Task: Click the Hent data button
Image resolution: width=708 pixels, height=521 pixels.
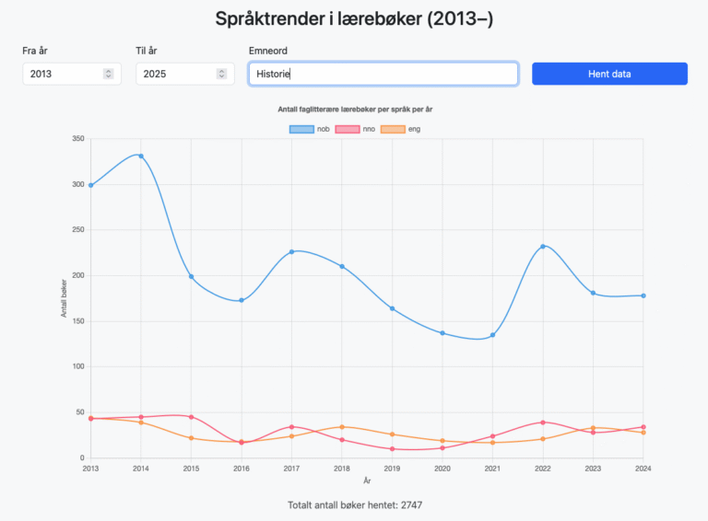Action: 609,74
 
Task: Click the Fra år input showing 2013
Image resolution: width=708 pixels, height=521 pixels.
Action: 65,74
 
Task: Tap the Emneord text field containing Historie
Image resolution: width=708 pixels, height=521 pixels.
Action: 383,74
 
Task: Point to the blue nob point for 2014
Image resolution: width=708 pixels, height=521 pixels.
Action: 141,156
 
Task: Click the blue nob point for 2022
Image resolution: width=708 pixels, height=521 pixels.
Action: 543,247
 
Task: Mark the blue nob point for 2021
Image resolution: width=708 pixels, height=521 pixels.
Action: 493,335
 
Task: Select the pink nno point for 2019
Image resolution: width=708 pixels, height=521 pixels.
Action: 393,449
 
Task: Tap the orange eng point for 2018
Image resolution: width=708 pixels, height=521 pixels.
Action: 342,427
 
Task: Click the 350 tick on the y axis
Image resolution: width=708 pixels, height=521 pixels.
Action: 77,139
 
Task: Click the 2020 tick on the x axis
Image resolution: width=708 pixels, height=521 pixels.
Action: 442,469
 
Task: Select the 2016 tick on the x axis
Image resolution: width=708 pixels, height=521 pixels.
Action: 242,469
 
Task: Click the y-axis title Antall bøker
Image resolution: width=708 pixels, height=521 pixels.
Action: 65,298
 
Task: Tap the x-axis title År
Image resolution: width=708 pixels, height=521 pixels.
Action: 367,480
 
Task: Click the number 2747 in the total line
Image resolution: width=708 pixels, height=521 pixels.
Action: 407,504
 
